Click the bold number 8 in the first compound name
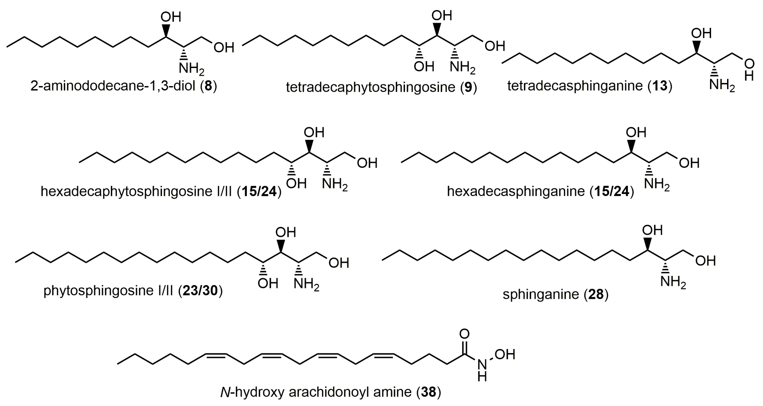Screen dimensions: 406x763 pyautogui.click(x=209, y=86)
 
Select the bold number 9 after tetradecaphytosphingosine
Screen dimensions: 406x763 pyautogui.click(x=468, y=87)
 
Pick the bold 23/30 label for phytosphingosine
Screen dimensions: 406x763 pyautogui.click(x=200, y=291)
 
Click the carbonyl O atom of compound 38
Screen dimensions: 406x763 pyautogui.click(x=464, y=334)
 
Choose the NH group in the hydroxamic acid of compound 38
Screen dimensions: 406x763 pyautogui.click(x=482, y=370)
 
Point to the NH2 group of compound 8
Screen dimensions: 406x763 pyautogui.click(x=191, y=69)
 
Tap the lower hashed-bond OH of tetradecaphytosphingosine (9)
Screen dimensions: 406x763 pyautogui.click(x=424, y=67)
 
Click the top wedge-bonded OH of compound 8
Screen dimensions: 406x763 pyautogui.click(x=171, y=17)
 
